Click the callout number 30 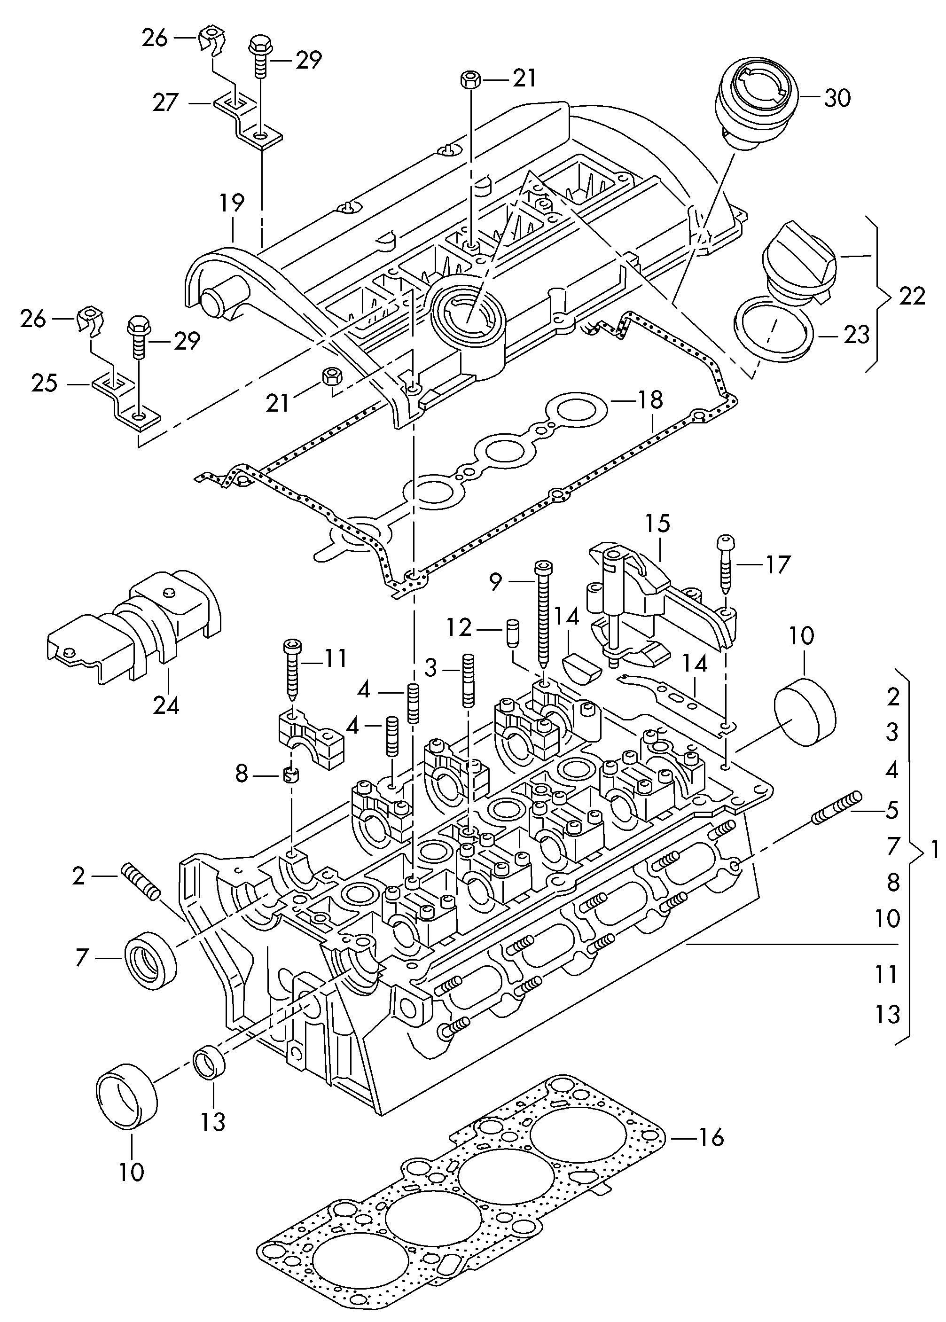pos(837,98)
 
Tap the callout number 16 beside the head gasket pos(711,1137)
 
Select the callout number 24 pos(166,705)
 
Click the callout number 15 pos(657,524)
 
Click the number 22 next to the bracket pos(912,297)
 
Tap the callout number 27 pos(165,103)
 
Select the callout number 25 pos(44,383)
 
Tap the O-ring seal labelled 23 pos(774,329)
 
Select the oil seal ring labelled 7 pos(151,959)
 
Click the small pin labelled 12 pos(513,633)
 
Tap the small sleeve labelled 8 pos(291,775)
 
